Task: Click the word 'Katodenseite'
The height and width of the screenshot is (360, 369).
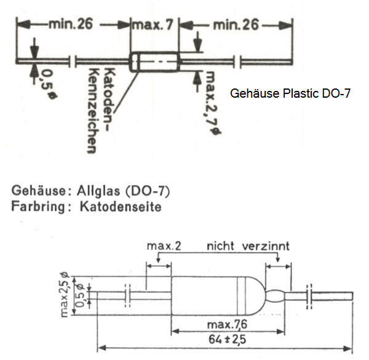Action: [121, 206]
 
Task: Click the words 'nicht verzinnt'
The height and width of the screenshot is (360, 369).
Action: [248, 246]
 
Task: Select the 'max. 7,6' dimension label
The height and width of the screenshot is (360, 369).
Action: [224, 324]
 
